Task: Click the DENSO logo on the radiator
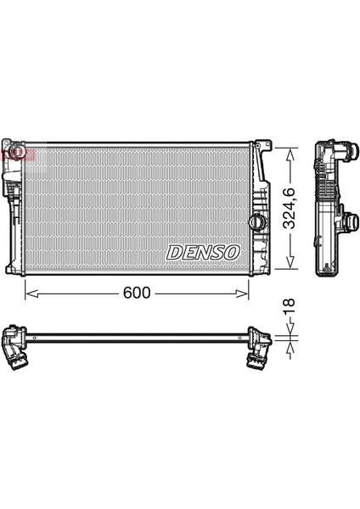click(204, 252)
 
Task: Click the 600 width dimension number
click(137, 293)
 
